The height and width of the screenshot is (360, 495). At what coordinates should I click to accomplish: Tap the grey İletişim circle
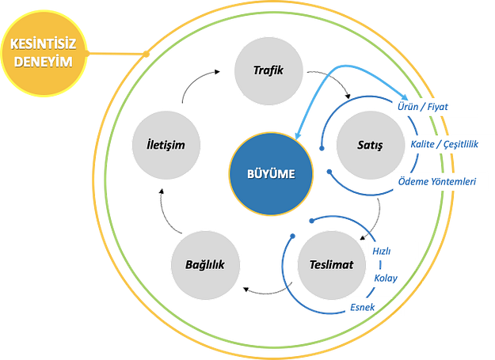[x=166, y=145]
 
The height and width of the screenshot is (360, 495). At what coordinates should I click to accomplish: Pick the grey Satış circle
[x=370, y=145]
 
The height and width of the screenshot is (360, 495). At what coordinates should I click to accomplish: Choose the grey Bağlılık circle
[x=204, y=264]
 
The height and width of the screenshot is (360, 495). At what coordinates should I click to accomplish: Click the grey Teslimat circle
[x=331, y=264]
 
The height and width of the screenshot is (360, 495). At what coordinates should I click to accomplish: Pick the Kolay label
[x=385, y=279]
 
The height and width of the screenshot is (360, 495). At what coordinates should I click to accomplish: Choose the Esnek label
[x=362, y=305]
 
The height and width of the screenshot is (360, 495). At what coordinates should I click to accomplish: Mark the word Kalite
[x=424, y=145]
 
